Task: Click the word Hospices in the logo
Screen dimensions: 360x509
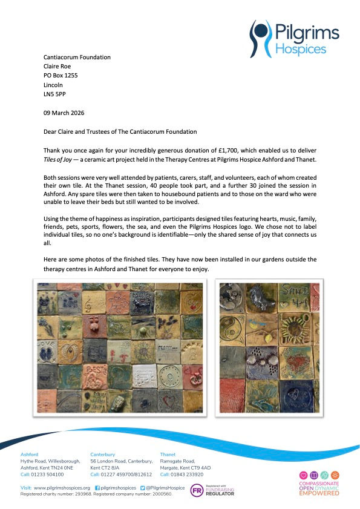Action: [301, 49]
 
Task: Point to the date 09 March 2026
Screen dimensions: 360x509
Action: [64, 113]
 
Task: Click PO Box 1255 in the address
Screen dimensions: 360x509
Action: [61, 76]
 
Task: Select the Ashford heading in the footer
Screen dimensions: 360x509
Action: [30, 454]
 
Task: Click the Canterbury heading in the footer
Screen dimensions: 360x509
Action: [102, 454]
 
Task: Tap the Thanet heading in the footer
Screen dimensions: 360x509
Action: [168, 454]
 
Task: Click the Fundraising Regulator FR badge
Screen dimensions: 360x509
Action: [197, 491]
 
